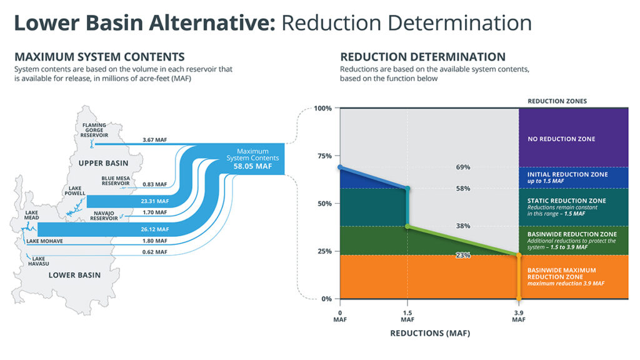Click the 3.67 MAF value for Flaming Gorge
(154, 140)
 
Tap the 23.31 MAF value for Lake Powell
(155, 201)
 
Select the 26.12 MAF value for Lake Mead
(154, 229)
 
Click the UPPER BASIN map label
(103, 163)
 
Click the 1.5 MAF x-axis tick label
(407, 316)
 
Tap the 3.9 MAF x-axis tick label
(519, 316)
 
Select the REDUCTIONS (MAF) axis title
(430, 333)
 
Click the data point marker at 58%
(407, 188)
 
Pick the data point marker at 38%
(407, 226)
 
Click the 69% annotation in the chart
(463, 167)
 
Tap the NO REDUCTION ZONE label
(561, 139)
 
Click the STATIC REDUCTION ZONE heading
(567, 201)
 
